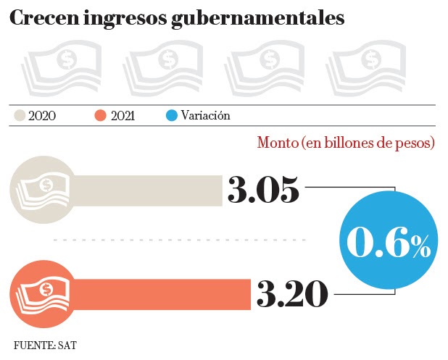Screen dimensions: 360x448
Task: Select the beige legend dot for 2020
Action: click(20, 115)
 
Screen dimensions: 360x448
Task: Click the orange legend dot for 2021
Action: click(101, 115)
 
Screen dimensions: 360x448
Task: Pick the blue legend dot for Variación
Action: click(172, 115)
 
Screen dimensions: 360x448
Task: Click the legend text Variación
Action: click(206, 115)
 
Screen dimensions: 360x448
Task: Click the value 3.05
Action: click(263, 190)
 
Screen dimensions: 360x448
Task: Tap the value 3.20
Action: click(292, 293)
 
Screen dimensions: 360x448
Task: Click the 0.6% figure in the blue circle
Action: click(388, 243)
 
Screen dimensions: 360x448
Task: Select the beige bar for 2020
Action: click(145, 190)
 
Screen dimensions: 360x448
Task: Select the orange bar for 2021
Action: click(159, 293)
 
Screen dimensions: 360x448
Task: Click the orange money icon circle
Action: click(38, 293)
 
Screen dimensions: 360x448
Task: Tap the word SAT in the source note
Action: click(67, 345)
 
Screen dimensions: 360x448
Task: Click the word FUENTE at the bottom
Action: click(35, 345)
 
